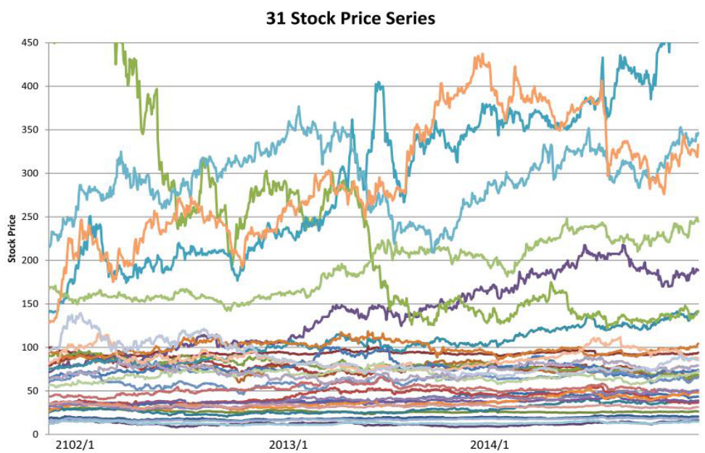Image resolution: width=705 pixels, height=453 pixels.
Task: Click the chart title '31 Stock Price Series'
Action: point(351,18)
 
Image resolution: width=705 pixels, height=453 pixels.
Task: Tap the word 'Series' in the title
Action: point(409,18)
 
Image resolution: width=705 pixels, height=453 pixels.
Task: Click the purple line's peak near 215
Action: point(584,247)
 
